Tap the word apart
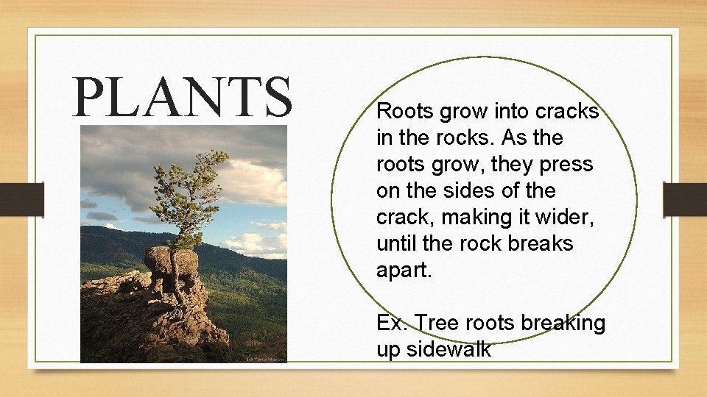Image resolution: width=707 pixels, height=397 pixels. [x=404, y=270]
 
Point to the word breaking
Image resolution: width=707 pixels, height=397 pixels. [x=563, y=323]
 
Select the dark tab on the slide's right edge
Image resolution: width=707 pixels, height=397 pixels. [x=685, y=198]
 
